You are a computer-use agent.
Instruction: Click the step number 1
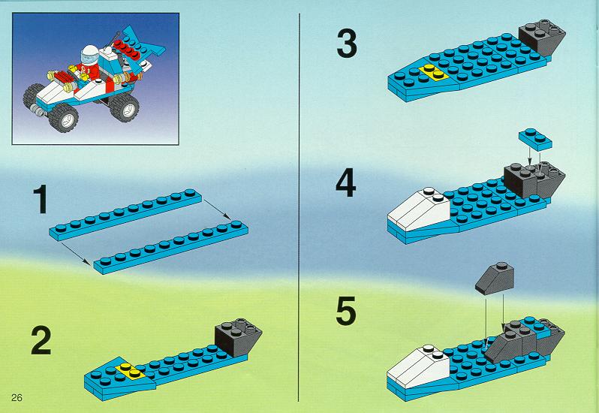[x=41, y=199]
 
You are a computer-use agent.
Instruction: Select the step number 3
[x=347, y=44]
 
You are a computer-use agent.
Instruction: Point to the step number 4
[x=346, y=182]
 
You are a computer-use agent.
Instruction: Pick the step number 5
[x=346, y=312]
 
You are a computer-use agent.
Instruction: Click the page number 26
[x=17, y=398]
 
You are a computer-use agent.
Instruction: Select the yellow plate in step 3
[x=434, y=72]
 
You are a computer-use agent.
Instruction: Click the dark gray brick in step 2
[x=238, y=336]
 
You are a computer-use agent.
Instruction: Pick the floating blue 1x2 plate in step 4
[x=535, y=140]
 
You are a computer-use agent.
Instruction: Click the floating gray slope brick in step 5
[x=495, y=279]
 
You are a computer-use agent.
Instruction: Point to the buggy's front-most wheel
[x=64, y=117]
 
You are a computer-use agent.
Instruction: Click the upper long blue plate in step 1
[x=125, y=215]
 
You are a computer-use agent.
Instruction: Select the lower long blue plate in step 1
[x=170, y=247]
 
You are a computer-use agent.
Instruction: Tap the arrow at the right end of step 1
[x=217, y=210]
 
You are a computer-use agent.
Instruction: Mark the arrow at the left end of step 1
[x=76, y=254]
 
